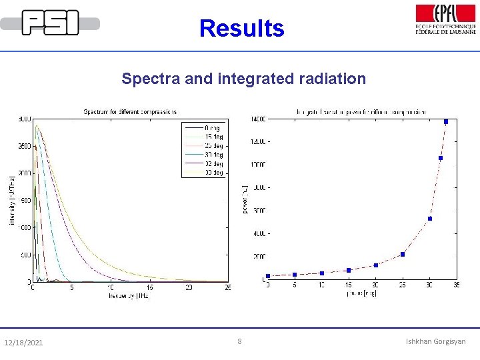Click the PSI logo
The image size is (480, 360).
click(x=50, y=23)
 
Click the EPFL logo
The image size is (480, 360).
click(x=445, y=20)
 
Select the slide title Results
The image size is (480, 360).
click(x=241, y=29)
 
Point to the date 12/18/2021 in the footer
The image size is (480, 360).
click(x=23, y=343)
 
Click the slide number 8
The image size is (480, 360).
click(x=240, y=341)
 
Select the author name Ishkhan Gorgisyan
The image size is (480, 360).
click(x=436, y=341)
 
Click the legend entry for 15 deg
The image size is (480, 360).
click(x=213, y=135)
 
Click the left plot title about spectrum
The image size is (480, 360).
click(x=130, y=111)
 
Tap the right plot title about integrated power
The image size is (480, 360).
click(x=361, y=111)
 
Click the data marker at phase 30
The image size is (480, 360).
click(x=430, y=219)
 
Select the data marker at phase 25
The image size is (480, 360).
click(x=403, y=254)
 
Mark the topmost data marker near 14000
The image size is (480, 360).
click(x=446, y=121)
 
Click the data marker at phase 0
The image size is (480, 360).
click(x=267, y=276)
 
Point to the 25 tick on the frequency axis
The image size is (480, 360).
click(x=228, y=287)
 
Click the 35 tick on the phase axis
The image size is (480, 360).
click(x=456, y=285)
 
